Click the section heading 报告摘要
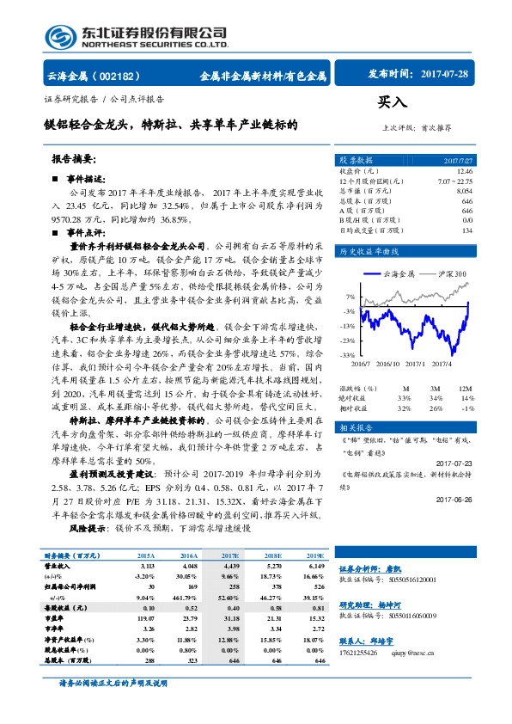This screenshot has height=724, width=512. click(74, 160)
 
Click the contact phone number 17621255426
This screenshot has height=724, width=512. click(362, 652)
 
